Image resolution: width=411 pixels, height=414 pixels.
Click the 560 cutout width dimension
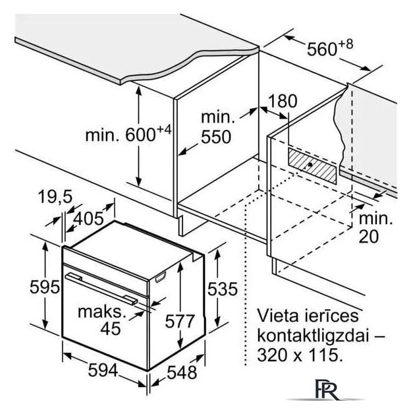(330, 48)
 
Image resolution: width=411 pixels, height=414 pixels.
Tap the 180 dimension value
(283, 101)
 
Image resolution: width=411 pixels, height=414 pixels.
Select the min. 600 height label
(128, 133)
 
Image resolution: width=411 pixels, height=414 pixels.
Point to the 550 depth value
(216, 136)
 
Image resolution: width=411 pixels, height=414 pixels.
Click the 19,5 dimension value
(55, 196)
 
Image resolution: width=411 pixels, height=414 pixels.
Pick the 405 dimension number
(88, 219)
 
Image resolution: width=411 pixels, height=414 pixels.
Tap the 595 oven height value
(45, 287)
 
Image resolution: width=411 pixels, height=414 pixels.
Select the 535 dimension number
(223, 289)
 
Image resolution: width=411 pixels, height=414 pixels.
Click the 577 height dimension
(180, 321)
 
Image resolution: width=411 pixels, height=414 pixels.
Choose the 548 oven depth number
(182, 372)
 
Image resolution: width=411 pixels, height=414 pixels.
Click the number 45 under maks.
(111, 328)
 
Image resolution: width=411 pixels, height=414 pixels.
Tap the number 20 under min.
(369, 236)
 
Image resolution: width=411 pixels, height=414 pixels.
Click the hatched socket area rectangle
(312, 165)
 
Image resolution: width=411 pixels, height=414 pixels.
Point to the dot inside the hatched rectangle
(310, 165)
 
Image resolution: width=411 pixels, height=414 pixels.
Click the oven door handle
(101, 289)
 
